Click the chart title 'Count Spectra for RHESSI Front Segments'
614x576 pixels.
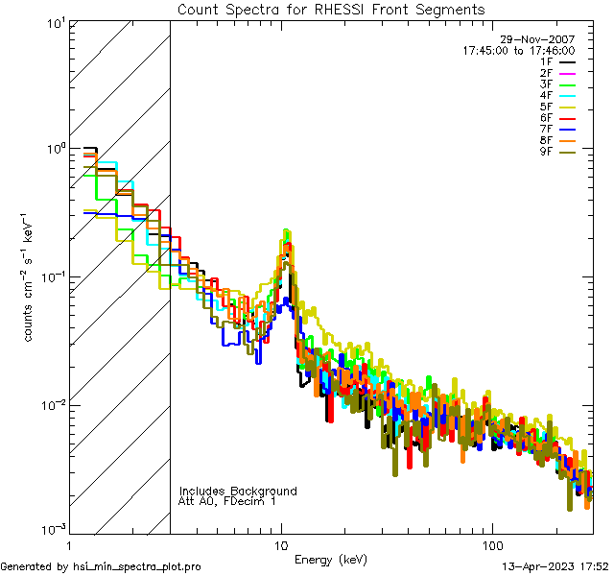click(x=331, y=9)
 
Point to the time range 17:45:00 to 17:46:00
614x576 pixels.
click(x=518, y=50)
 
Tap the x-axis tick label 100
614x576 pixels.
click(x=491, y=543)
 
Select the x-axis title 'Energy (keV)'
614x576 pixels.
click(x=331, y=559)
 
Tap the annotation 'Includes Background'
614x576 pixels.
click(x=238, y=491)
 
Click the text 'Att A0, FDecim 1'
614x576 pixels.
click(x=227, y=501)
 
